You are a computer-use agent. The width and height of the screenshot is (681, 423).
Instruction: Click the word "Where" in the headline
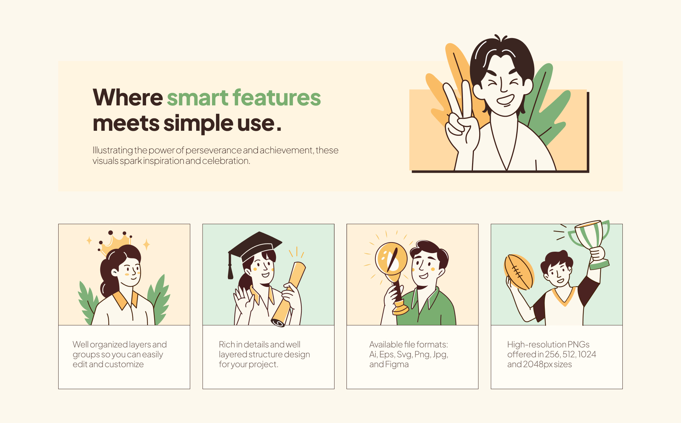(128, 97)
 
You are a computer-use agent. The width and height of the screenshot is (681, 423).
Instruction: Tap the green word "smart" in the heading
(198, 98)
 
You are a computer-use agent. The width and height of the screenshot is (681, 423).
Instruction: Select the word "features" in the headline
(277, 97)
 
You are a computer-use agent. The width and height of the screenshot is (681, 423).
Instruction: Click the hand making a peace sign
(460, 120)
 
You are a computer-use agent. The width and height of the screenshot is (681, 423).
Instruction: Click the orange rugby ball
(519, 272)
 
